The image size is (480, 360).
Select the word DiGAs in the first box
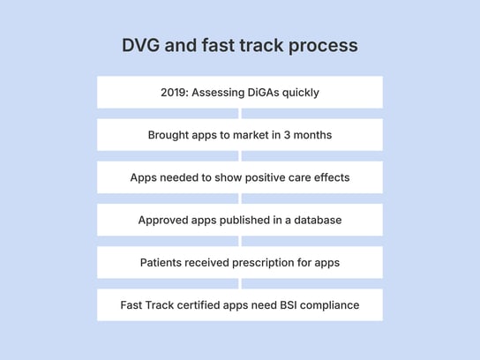pos(264,93)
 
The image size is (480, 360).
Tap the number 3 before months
pos(285,135)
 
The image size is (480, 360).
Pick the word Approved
pos(163,220)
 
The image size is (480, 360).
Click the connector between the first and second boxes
pos(240,114)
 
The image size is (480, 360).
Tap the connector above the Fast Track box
pos(240,283)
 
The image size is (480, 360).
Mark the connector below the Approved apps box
pos(240,241)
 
